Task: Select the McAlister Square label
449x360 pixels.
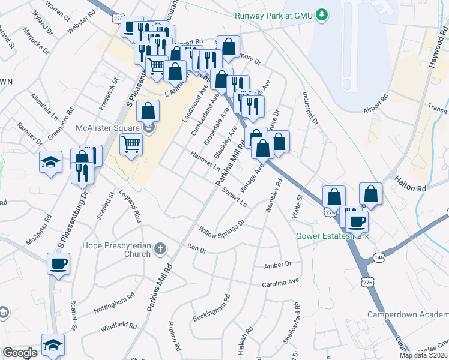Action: [108, 127]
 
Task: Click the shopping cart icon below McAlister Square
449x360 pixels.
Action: [131, 144]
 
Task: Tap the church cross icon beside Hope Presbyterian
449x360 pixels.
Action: [160, 247]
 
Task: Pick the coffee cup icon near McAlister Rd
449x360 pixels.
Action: [59, 263]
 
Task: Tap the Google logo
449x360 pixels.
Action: [20, 353]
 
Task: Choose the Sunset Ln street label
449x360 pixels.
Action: [235, 199]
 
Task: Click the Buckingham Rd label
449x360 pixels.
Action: [212, 308]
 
